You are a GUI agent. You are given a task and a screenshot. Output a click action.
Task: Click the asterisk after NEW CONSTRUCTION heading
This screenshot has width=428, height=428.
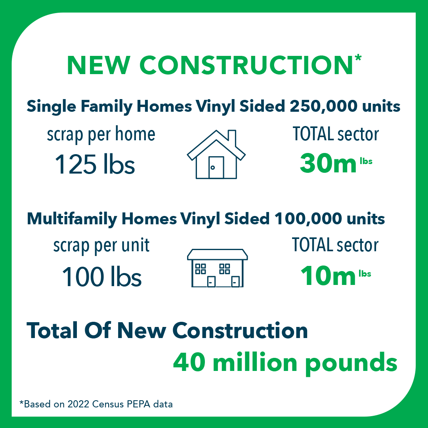[358, 58]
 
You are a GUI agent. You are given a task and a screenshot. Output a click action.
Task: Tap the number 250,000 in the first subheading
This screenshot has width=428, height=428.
[323, 106]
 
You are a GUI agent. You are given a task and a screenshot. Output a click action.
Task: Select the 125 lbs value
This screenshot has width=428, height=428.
[95, 164]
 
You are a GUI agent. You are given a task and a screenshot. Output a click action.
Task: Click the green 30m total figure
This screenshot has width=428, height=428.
[328, 163]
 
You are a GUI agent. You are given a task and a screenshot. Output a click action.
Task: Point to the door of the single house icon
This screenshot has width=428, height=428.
[216, 167]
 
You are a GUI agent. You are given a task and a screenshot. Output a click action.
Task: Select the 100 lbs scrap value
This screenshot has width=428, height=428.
[102, 277]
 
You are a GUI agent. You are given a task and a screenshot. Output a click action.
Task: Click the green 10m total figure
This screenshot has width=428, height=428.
[328, 276]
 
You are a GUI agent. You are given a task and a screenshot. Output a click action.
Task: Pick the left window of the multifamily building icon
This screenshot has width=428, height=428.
[201, 269]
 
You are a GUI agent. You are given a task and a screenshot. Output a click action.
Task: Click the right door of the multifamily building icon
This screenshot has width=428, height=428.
[235, 282]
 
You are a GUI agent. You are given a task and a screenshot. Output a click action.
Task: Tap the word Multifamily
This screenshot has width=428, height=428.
[72, 219]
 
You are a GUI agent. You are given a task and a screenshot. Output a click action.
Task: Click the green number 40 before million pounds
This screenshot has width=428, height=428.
[189, 362]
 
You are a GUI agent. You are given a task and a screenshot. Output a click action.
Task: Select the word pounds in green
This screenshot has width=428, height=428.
[351, 363]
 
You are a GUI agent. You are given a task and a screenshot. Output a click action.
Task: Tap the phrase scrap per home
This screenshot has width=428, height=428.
[101, 135]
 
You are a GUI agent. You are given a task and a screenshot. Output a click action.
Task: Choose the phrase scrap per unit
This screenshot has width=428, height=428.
[101, 246]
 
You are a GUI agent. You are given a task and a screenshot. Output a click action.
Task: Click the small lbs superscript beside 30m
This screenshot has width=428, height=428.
[366, 161]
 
